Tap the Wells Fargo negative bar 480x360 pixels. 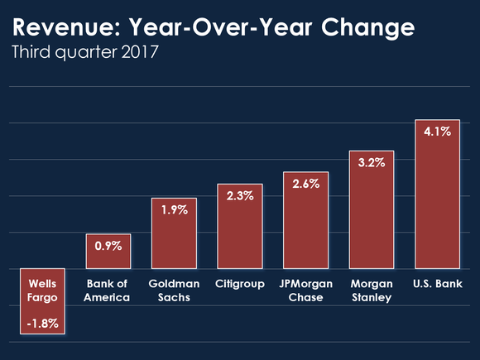tap(43, 302)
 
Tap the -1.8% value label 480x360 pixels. tap(43, 323)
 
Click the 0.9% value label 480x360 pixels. tap(108, 246)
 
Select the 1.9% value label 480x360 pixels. tap(174, 210)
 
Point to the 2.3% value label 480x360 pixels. tap(239, 195)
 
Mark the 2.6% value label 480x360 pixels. tap(305, 184)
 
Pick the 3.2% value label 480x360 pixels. tap(372, 162)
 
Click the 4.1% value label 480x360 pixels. tap(437, 131)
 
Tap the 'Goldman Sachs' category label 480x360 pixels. tap(174, 290)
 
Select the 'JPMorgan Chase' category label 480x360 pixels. tap(305, 290)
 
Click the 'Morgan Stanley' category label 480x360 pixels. tap(372, 290)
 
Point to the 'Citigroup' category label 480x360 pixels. tap(239, 284)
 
